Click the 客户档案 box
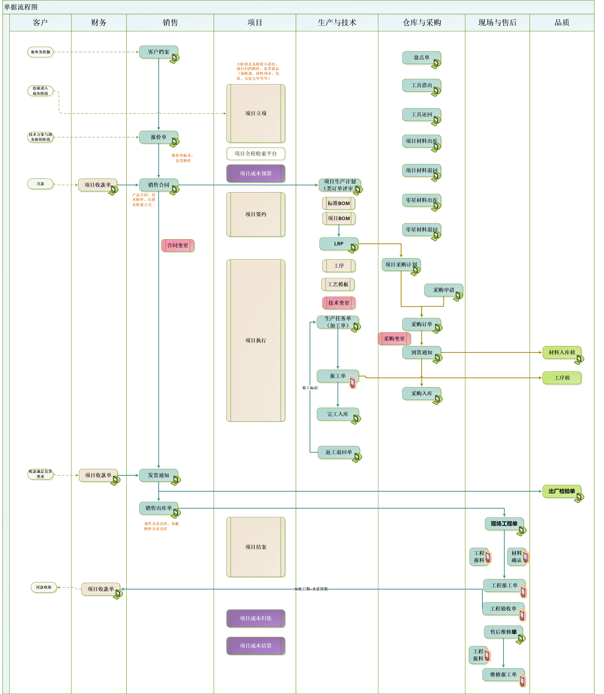click(158, 52)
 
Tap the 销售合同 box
click(158, 185)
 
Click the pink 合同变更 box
click(178, 245)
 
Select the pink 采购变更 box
click(394, 339)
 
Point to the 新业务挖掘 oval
click(41, 52)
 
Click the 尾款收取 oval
click(44, 587)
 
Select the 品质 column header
click(562, 23)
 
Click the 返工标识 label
click(310, 388)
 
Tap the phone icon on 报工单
click(353, 382)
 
